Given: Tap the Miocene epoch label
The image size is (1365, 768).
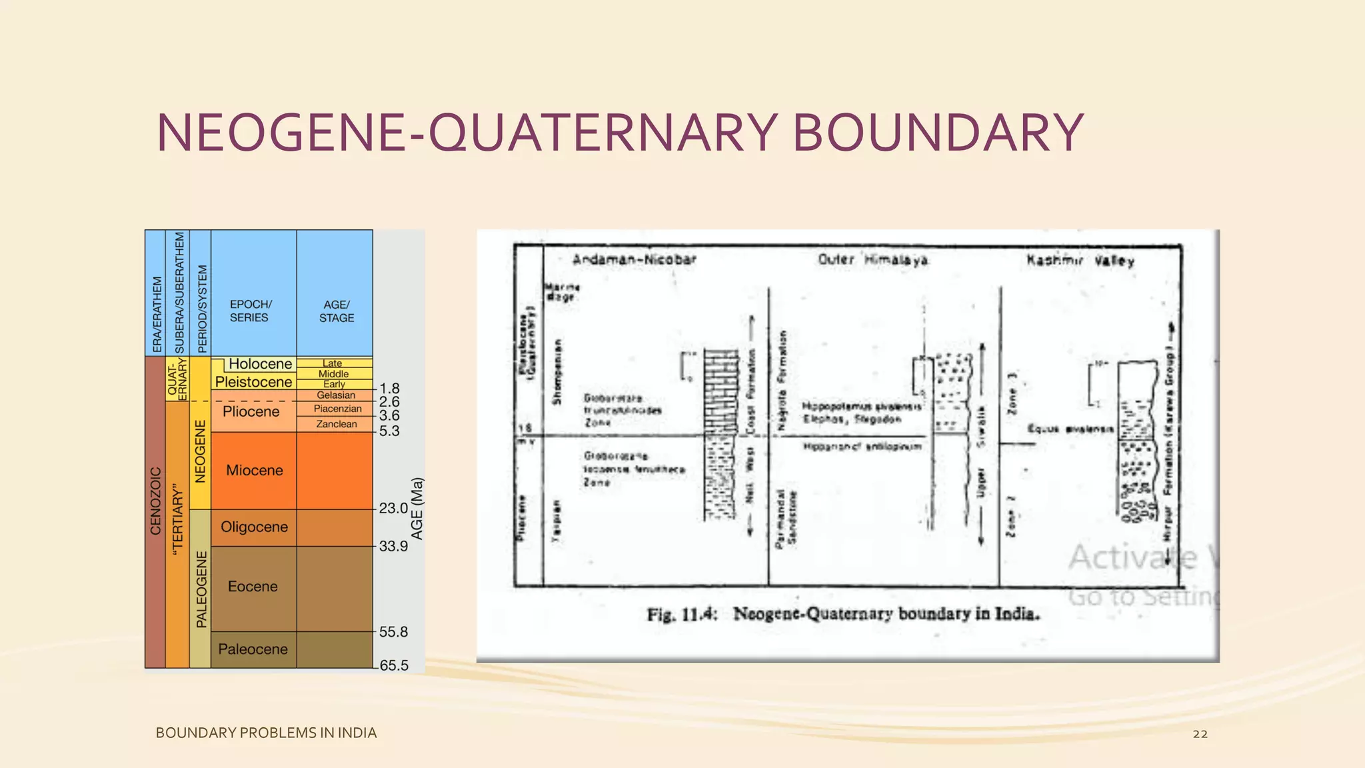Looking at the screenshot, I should pyautogui.click(x=254, y=470).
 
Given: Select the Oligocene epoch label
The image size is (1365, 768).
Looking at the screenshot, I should pyautogui.click(x=254, y=527).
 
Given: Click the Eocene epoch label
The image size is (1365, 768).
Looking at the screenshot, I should pyautogui.click(x=253, y=587).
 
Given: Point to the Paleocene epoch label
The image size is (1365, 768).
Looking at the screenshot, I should pyautogui.click(x=253, y=649).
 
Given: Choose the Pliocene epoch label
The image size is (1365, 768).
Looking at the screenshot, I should pyautogui.click(x=251, y=411).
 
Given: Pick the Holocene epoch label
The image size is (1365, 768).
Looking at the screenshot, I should pyautogui.click(x=261, y=364).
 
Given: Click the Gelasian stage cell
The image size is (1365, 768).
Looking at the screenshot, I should pyautogui.click(x=336, y=395).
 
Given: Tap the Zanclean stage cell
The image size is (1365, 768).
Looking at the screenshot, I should pyautogui.click(x=337, y=424).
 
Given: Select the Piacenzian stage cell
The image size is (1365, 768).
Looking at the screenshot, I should pyautogui.click(x=337, y=409).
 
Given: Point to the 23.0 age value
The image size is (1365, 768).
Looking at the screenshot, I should pyautogui.click(x=393, y=508).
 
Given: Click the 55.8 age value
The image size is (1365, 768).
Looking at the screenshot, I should pyautogui.click(x=393, y=631).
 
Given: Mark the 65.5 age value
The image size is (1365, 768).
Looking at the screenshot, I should pyautogui.click(x=393, y=665).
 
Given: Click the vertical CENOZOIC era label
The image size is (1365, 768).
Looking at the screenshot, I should pyautogui.click(x=155, y=501).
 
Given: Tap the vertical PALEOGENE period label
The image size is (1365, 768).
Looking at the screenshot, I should pyautogui.click(x=201, y=589).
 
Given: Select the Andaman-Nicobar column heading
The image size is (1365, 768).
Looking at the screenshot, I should pyautogui.click(x=634, y=259).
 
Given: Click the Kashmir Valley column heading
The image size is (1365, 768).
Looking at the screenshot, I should pyautogui.click(x=1080, y=261).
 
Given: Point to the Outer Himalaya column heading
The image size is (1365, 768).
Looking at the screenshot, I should pyautogui.click(x=872, y=260).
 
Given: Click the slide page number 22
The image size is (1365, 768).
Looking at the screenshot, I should pyautogui.click(x=1200, y=734).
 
